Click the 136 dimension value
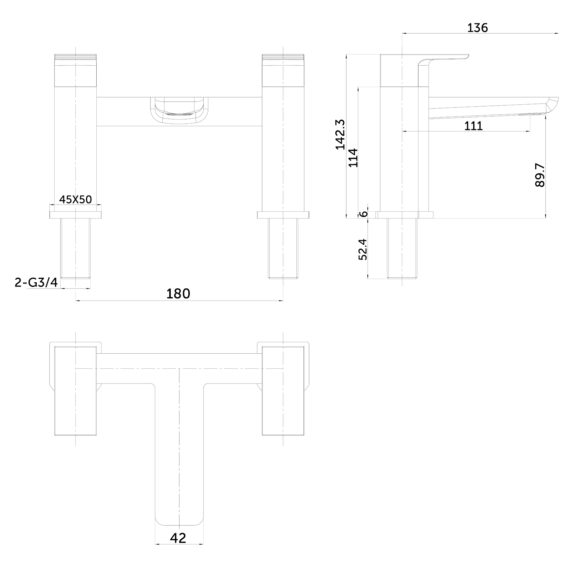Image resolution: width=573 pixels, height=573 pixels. pyautogui.click(x=477, y=28)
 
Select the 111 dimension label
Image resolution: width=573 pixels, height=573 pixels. pyautogui.click(x=473, y=126)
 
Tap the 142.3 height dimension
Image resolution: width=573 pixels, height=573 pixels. pyautogui.click(x=340, y=134)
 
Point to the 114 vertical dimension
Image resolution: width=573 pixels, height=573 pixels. pyautogui.click(x=353, y=157)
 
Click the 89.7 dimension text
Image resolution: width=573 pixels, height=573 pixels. pyautogui.click(x=540, y=175)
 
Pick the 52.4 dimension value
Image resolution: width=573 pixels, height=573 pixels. pyautogui.click(x=363, y=249)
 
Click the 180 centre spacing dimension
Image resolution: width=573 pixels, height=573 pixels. pyautogui.click(x=178, y=293)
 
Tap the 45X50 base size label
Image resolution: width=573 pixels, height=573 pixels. pyautogui.click(x=76, y=199)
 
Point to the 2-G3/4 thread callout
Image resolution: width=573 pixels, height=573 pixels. pyautogui.click(x=36, y=282)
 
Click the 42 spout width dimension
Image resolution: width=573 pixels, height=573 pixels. pyautogui.click(x=178, y=538)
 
